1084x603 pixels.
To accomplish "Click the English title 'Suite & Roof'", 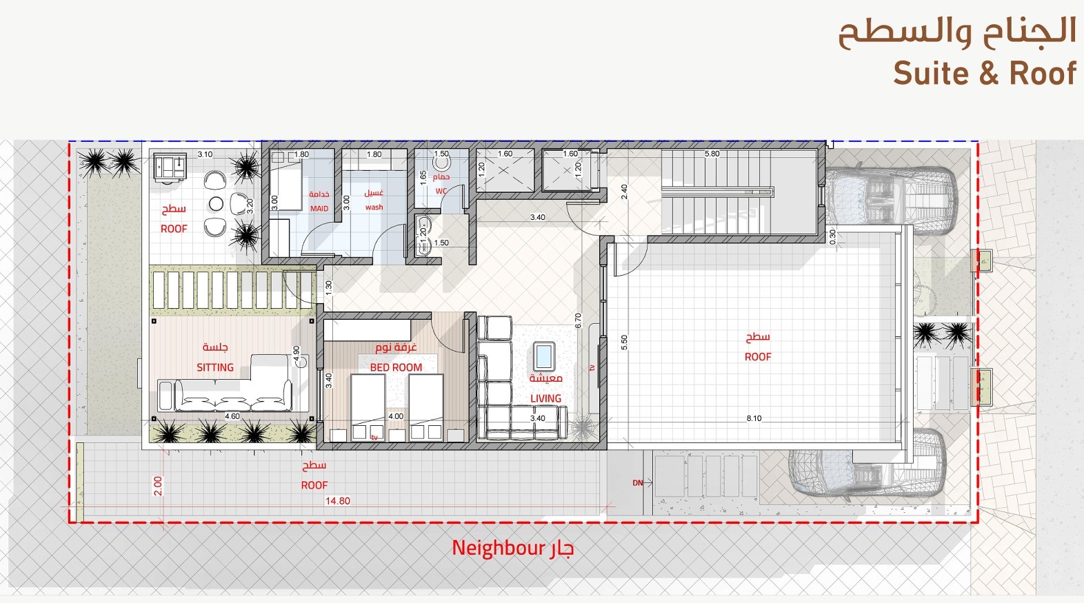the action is (985, 74).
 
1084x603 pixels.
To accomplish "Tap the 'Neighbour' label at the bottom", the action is (499, 548).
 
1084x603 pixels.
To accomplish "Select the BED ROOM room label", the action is (396, 367).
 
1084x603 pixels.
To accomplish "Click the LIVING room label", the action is (545, 398).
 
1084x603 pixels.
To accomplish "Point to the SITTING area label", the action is (215, 367).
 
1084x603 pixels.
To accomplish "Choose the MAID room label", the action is (319, 209).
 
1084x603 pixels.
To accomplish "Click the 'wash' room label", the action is (374, 207).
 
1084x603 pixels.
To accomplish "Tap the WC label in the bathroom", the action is (441, 191).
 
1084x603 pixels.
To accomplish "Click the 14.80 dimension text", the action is (337, 501).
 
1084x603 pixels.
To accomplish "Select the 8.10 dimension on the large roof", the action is (754, 418).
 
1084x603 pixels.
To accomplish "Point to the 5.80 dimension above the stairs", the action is (712, 154).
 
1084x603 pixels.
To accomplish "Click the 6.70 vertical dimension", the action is (578, 320).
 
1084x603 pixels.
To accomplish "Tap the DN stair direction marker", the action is (637, 482).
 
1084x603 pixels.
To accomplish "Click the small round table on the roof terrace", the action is (216, 204).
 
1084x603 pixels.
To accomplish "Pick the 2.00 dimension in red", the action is (158, 486).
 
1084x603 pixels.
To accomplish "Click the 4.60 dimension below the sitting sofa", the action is (232, 416).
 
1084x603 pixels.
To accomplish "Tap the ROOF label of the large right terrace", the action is (758, 357).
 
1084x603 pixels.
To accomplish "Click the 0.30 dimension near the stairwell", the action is (832, 236).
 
